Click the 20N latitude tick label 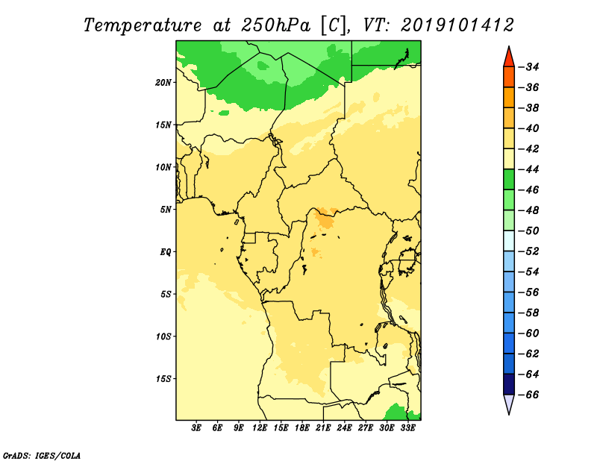pos(163,83)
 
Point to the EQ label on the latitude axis pos(166,252)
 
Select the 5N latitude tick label pos(166,210)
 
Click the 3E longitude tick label pos(196,427)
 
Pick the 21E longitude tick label pos(323,427)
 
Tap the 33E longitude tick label pos(407,427)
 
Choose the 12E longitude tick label pos(260,427)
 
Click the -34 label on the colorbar pos(529,67)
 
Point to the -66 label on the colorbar pos(529,395)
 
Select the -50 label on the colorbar pos(529,231)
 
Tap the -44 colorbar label pos(529,169)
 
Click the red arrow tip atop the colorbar pos(509,46)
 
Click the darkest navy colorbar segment pos(509,384)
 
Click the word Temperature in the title pos(142,25)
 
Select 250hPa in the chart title pos(275,25)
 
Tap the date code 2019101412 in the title pos(457,25)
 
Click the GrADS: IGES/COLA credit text pos(42,455)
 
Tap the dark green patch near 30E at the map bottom pos(396,413)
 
